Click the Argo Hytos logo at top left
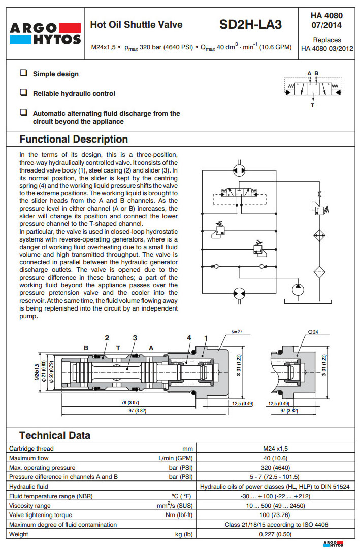45,33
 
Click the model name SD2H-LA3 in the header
250,25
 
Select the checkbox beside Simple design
24,73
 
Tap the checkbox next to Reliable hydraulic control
24,93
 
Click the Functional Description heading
74,139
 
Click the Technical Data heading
55,435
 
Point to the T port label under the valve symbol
312,105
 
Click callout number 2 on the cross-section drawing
107,337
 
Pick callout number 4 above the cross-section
189,337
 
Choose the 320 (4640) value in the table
275,467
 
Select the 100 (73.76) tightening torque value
275,515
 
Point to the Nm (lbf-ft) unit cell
181,515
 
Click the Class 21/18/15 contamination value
275,525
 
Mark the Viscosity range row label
30,505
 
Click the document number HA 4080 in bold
326,16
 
